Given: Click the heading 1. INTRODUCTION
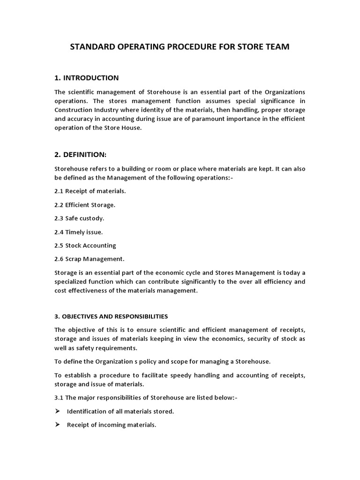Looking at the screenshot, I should (87, 78).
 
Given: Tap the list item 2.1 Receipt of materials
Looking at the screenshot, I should (90, 191).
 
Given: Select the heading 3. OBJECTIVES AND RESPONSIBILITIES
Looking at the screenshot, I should (111, 316).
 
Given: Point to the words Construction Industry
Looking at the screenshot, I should (83, 110).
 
